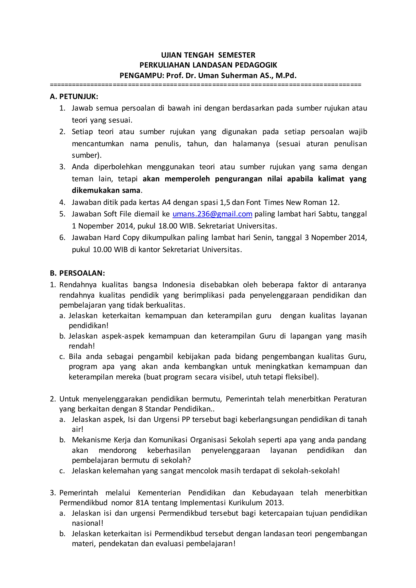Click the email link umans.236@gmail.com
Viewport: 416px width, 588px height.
[212, 214]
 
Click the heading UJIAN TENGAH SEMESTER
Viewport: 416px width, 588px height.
[208, 55]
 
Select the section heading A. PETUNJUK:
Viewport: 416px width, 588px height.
[74, 97]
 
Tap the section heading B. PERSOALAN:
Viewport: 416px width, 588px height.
[77, 273]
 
